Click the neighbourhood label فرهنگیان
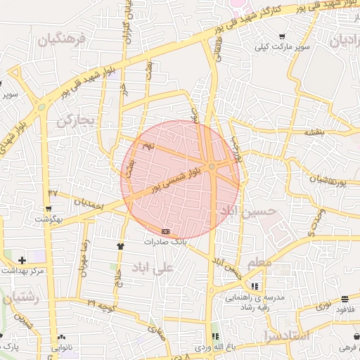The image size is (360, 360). point(60,41)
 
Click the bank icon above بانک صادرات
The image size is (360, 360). point(165,231)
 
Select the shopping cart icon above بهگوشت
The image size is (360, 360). point(48,209)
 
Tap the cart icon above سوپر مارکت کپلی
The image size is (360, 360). point(282,37)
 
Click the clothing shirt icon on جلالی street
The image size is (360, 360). point(120,246)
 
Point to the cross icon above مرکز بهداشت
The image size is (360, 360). point(22,260)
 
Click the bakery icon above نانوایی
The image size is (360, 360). point(61,337)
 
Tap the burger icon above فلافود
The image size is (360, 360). point(345,299)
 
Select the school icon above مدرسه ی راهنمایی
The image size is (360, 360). point(254,286)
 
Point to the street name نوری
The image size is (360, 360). point(323,304)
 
